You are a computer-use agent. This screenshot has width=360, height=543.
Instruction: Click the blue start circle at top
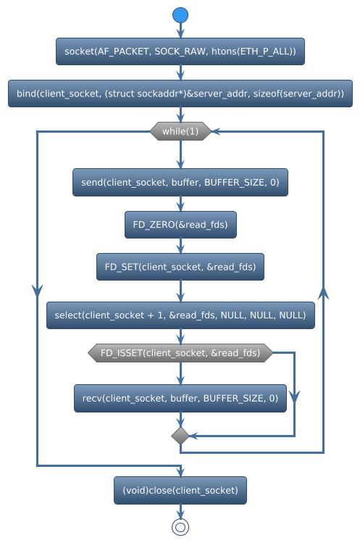(x=180, y=14)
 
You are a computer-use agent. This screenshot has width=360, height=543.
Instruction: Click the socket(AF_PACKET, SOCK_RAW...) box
(x=180, y=52)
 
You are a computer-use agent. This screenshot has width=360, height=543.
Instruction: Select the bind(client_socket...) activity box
(x=180, y=94)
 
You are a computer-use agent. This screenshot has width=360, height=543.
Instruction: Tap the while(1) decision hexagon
(x=180, y=131)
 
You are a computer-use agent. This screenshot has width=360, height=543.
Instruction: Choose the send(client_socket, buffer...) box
(x=180, y=183)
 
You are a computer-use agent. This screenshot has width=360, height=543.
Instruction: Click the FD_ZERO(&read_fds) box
(x=180, y=225)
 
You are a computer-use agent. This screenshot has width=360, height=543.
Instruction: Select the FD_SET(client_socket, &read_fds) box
(x=180, y=267)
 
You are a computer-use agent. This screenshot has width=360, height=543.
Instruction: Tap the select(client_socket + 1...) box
(x=180, y=315)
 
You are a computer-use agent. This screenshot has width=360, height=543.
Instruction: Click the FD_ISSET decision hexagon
(x=180, y=353)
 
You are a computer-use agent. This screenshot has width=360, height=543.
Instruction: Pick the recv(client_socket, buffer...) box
(x=180, y=398)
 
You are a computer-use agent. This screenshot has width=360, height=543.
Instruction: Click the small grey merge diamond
(x=180, y=435)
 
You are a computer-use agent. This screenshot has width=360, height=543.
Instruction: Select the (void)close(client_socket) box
(x=180, y=490)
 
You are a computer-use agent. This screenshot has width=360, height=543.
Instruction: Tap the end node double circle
(x=180, y=527)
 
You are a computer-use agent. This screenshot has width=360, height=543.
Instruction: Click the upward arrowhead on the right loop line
(x=324, y=292)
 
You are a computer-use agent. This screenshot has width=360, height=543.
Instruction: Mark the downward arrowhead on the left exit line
(x=37, y=289)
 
